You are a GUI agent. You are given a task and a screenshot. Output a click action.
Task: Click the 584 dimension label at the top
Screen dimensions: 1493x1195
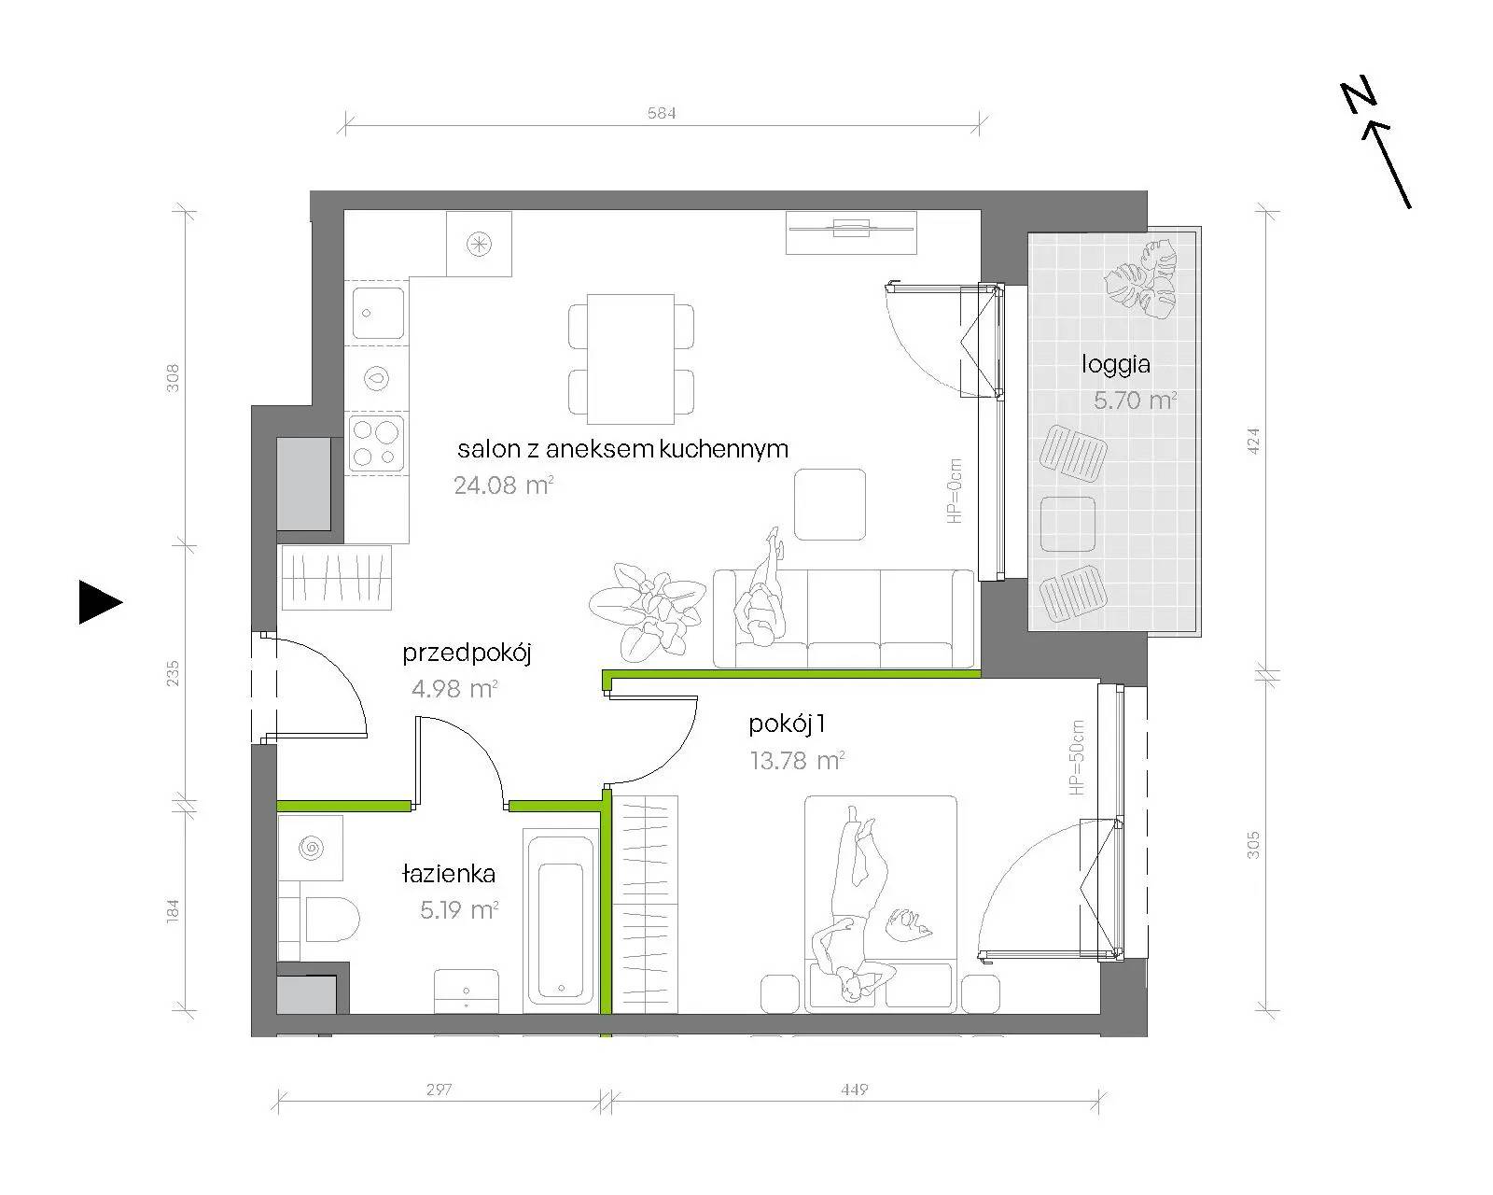tap(662, 112)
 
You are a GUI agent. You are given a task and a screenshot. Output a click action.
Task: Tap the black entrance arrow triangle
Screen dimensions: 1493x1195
tap(100, 601)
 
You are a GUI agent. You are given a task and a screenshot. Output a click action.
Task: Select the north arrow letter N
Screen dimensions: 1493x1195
tap(1358, 98)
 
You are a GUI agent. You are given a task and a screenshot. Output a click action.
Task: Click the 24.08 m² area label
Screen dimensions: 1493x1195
tap(504, 485)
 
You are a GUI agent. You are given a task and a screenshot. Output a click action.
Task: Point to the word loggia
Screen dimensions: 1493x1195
tap(1116, 364)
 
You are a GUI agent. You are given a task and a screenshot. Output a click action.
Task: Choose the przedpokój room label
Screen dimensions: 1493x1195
tap(467, 654)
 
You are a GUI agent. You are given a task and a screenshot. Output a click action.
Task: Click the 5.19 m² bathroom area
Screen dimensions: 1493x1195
tap(459, 909)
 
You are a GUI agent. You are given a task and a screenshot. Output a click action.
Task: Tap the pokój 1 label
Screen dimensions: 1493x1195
tap(787, 724)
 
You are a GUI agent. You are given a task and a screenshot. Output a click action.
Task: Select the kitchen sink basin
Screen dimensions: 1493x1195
tap(377, 313)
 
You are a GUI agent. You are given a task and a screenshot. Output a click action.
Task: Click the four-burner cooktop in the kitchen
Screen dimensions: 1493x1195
tap(376, 443)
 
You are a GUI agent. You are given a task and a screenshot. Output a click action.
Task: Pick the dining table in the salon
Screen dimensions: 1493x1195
tap(631, 358)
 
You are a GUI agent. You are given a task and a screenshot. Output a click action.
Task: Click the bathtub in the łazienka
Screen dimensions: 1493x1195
tap(561, 921)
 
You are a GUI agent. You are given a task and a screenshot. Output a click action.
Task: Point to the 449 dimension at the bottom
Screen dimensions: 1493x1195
tap(854, 1090)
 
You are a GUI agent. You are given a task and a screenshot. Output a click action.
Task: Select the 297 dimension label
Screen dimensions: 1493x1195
tap(440, 1090)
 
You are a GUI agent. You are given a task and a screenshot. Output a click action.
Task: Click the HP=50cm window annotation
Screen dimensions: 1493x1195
tap(1076, 757)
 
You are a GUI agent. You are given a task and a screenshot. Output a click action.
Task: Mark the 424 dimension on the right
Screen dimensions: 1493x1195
tap(1253, 442)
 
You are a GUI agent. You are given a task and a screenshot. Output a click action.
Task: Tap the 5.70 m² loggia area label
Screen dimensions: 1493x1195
tap(1135, 401)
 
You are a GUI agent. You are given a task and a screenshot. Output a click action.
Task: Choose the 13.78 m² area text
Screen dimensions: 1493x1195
tap(797, 761)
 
